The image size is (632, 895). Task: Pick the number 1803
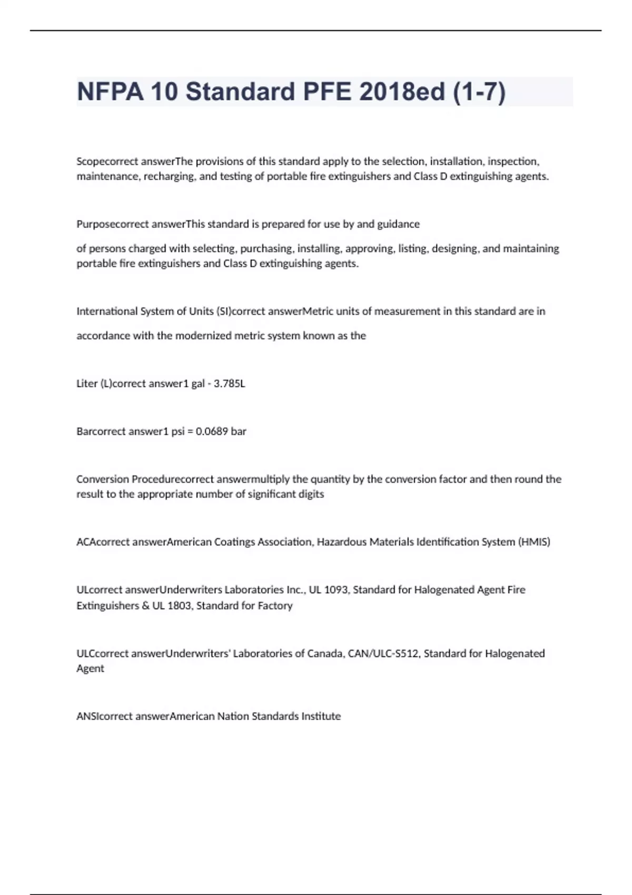point(179,605)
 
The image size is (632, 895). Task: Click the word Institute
point(321,716)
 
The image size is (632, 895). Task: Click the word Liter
point(87,384)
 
